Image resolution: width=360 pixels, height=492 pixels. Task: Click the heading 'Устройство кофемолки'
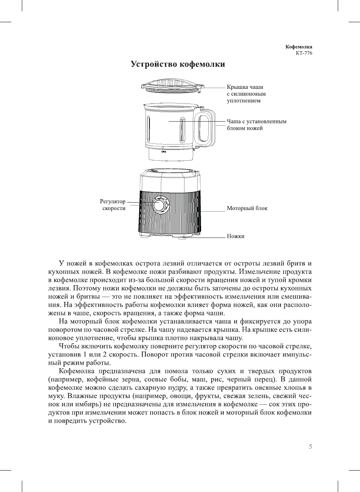[178, 64]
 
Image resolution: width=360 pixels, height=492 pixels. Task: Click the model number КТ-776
[304, 53]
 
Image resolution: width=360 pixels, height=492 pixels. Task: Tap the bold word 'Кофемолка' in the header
[299, 47]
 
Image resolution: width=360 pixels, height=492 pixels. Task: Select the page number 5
[310, 447]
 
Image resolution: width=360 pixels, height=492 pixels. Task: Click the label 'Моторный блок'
[247, 208]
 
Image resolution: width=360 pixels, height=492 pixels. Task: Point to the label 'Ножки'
[235, 236]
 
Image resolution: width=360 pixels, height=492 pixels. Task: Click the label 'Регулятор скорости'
[113, 205]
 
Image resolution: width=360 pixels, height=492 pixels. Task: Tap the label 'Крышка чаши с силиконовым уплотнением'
[246, 94]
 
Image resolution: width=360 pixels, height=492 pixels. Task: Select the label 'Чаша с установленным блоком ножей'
[256, 125]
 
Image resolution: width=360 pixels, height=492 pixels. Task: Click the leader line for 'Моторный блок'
[213, 211]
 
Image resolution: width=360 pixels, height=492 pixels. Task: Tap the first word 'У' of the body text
[61, 264]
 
